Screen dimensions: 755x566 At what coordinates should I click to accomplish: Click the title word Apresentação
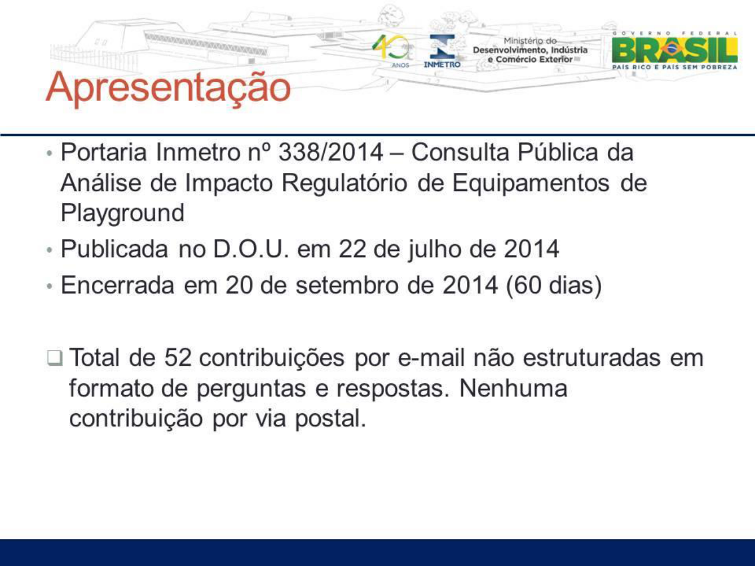[x=168, y=87]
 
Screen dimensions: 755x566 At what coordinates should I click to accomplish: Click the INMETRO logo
[x=442, y=51]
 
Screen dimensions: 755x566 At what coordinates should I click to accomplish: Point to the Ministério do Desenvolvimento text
[x=530, y=50]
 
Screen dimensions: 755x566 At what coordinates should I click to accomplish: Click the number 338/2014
[x=330, y=152]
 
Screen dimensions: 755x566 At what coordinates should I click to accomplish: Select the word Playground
[x=123, y=213]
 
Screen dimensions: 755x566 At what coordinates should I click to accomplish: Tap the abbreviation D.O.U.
[x=251, y=249]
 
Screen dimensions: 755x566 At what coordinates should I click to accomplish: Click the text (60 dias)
[x=554, y=286]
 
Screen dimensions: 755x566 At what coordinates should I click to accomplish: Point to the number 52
[x=178, y=357]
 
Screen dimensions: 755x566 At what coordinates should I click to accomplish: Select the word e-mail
[x=431, y=357]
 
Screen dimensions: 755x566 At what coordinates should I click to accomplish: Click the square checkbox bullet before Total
[x=55, y=358]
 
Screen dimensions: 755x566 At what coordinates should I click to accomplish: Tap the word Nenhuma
[x=513, y=388]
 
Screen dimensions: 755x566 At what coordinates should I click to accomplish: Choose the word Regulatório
[x=345, y=184]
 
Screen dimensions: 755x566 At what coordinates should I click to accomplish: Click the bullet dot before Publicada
[x=49, y=250]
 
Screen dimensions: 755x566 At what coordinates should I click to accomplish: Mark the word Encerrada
[x=118, y=285]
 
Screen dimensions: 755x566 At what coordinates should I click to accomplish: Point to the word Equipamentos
[x=531, y=184]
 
